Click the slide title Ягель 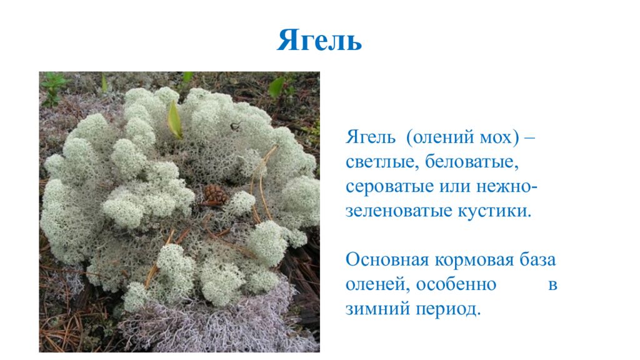pos(319,41)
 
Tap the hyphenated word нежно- pos(513,187)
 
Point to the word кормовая pos(473,260)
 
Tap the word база pos(537,260)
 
